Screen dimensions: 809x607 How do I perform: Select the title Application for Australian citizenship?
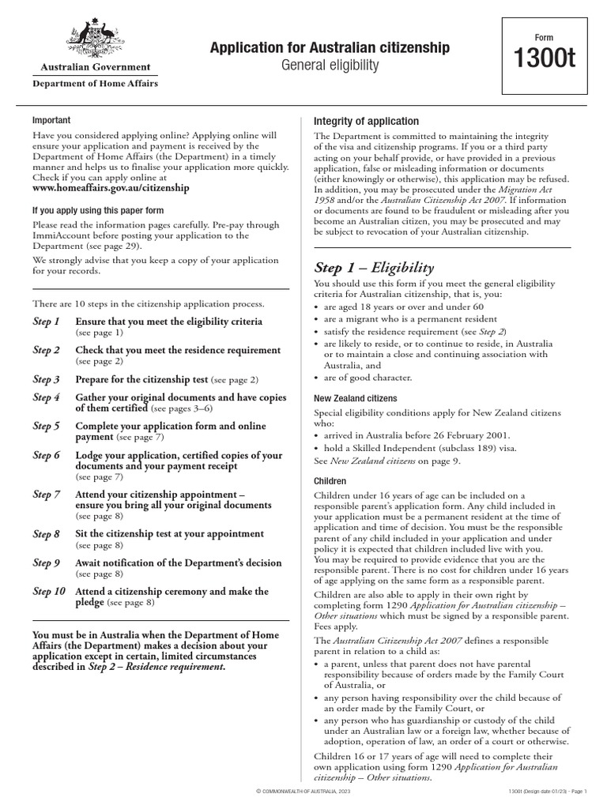[x=330, y=48]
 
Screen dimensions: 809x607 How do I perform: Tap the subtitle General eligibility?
[x=330, y=66]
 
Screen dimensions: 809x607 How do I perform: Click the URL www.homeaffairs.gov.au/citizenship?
[x=111, y=189]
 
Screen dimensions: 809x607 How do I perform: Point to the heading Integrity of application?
[x=367, y=121]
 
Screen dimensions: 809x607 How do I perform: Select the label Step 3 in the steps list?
[x=47, y=379]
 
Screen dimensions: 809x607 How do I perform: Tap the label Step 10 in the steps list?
[x=49, y=591]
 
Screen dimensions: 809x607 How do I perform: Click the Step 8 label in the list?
[x=47, y=534]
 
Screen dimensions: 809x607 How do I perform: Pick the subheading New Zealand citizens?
[x=356, y=399]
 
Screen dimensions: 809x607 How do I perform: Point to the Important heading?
[x=51, y=120]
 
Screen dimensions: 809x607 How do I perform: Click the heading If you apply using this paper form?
[x=98, y=210]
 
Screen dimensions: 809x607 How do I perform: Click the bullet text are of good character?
[x=363, y=378]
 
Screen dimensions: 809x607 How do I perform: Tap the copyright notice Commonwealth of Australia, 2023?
[x=303, y=792]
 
